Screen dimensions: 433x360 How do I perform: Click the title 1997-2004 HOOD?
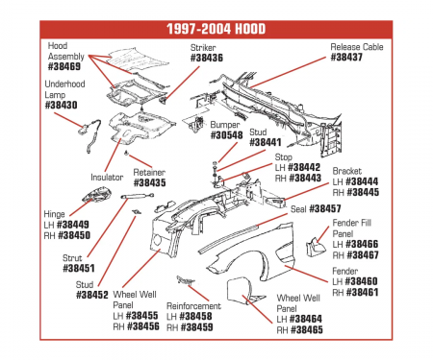click(x=216, y=29)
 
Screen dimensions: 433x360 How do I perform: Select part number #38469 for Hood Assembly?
click(x=64, y=66)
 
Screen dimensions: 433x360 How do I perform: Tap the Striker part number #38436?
click(x=207, y=58)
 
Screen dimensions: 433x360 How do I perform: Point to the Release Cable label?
click(x=357, y=47)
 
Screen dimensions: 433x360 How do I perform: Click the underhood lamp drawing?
click(x=90, y=134)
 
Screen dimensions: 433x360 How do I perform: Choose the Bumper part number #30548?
click(x=226, y=135)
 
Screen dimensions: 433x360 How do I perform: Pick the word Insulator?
click(x=107, y=177)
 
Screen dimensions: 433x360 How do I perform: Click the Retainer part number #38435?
click(x=149, y=182)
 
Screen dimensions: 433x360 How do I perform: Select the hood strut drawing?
click(x=138, y=196)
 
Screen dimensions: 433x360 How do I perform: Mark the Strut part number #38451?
click(x=79, y=268)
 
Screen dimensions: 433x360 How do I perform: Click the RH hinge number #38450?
click(x=74, y=235)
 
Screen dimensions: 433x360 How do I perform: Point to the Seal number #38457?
click(x=325, y=208)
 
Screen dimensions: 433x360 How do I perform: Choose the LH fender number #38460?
click(x=361, y=281)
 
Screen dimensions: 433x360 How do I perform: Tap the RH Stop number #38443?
click(x=305, y=178)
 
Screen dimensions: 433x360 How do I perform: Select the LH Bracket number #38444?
click(x=363, y=181)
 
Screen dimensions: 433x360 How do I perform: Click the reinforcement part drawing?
click(x=186, y=280)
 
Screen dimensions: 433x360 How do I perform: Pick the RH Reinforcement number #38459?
click(x=196, y=327)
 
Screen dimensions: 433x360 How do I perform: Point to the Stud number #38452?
click(x=92, y=295)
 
